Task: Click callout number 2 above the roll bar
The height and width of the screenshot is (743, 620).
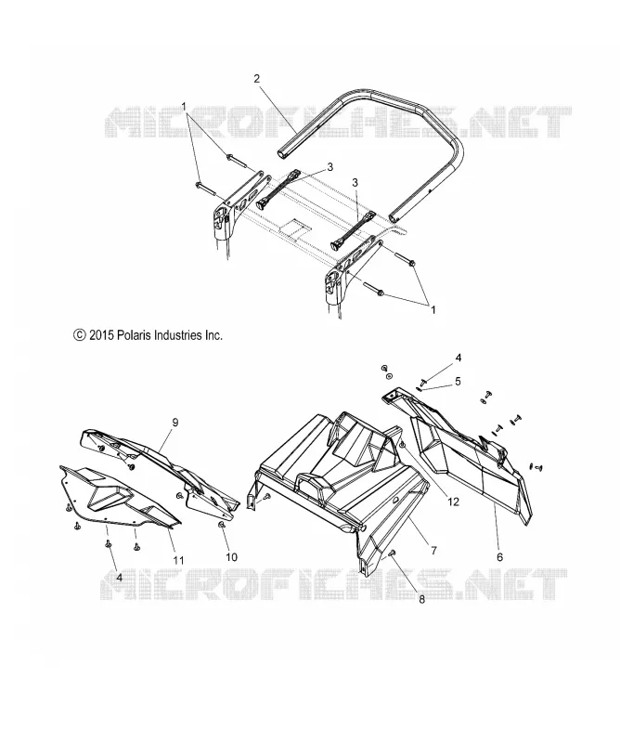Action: (257, 79)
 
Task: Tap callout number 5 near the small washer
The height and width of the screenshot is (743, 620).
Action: (458, 381)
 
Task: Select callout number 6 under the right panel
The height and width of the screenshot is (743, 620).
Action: (499, 557)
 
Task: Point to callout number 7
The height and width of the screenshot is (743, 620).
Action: (433, 551)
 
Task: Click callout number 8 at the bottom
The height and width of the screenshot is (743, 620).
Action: (421, 599)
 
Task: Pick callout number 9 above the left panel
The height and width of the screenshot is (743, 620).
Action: (174, 423)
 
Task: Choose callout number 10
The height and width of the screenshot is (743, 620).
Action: (231, 556)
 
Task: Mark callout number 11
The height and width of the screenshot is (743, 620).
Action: (178, 561)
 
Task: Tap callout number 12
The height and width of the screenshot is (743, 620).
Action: (453, 502)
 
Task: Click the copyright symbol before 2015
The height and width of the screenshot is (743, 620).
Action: (80, 335)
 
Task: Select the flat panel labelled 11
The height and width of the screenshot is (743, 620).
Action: (119, 498)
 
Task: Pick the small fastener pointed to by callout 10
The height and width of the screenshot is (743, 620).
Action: (221, 525)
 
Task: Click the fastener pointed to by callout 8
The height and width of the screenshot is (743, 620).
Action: (392, 553)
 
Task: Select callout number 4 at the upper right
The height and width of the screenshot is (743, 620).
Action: (458, 358)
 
